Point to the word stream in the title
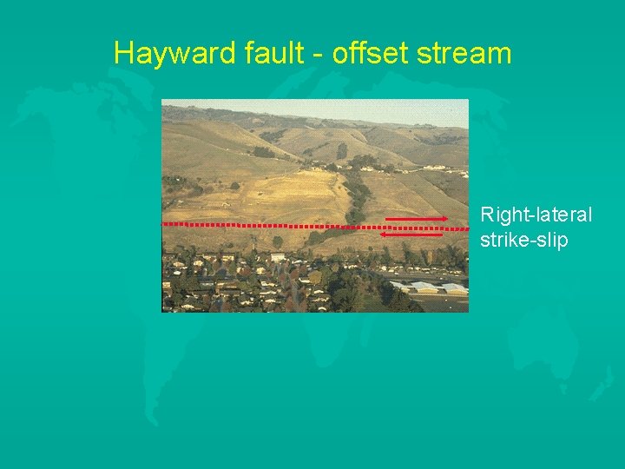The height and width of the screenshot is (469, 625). [464, 54]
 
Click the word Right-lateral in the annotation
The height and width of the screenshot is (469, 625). [536, 215]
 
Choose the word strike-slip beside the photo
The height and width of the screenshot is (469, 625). [523, 240]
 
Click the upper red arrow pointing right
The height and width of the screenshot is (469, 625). [416, 218]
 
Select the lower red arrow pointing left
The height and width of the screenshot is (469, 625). [412, 234]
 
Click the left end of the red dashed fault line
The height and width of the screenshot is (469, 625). [165, 223]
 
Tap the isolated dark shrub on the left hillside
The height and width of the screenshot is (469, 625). [234, 185]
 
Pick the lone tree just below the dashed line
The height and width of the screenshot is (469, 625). [277, 241]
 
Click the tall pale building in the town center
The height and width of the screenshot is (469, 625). [278, 257]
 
